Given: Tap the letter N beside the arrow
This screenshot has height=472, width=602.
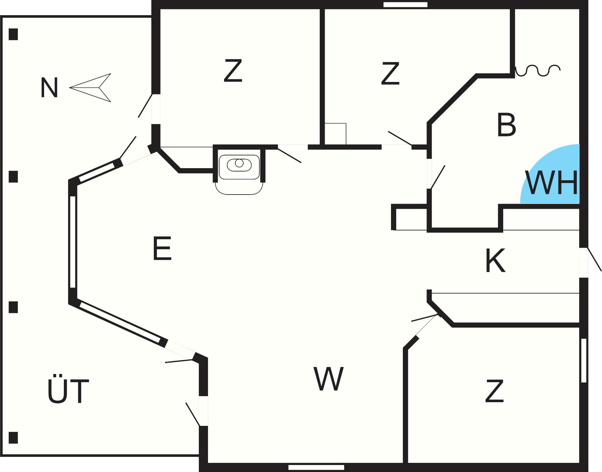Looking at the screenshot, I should (49, 88).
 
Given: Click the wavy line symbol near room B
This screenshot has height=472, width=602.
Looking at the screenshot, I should (538, 70).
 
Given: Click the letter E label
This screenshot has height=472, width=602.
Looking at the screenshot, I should (162, 249).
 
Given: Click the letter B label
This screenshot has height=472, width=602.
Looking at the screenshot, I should (507, 125).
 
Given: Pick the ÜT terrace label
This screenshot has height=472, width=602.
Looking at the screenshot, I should (68, 392).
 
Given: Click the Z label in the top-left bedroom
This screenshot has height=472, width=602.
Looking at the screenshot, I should (233, 71).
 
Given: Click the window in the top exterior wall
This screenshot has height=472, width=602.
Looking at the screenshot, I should (405, 5).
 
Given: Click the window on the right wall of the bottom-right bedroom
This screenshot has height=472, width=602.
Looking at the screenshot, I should (583, 360).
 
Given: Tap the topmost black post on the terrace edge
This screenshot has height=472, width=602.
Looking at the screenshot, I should (13, 34).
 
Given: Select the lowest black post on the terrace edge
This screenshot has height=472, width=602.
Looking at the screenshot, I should (13, 438).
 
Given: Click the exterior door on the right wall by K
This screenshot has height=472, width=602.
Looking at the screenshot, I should (584, 263).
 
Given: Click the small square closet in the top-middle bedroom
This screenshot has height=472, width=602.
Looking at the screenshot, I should (335, 134).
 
